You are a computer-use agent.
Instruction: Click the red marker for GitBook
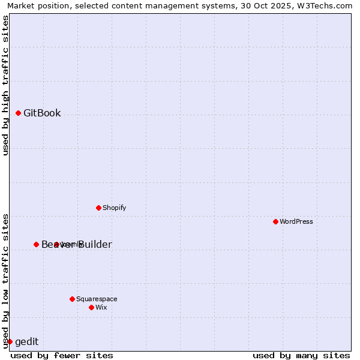click(18, 113)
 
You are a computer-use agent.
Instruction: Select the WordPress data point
click(275, 221)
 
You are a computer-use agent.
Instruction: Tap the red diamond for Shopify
click(98, 208)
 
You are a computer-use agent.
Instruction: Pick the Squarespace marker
click(72, 299)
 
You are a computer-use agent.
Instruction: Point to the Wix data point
click(91, 307)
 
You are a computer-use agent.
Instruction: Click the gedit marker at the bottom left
click(10, 341)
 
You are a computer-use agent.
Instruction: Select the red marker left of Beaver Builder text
click(36, 244)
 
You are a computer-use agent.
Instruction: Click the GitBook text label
click(42, 113)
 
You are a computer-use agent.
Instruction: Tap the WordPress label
click(296, 221)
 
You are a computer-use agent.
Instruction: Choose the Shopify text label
click(114, 208)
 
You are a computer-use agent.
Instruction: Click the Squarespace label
click(97, 299)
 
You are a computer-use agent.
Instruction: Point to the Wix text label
click(101, 307)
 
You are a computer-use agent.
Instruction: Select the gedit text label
click(26, 342)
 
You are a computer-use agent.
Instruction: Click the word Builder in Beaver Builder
click(95, 244)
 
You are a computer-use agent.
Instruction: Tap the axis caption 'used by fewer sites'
click(62, 355)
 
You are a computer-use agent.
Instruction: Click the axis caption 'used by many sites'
click(301, 355)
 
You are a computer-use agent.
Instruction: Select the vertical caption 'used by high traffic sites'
click(5, 85)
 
